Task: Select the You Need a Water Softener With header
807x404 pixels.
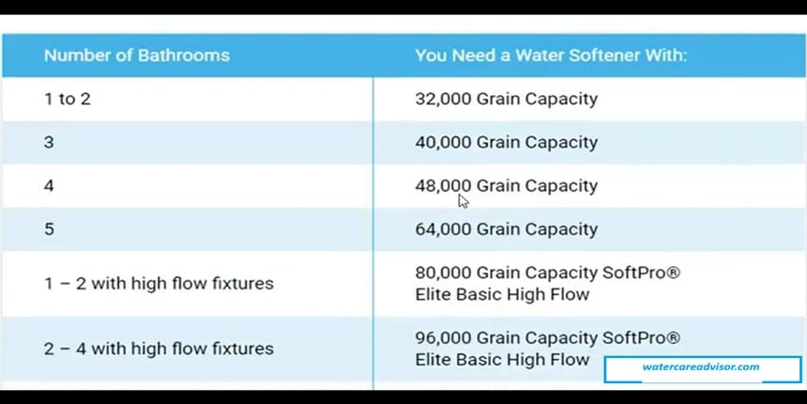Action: point(551,55)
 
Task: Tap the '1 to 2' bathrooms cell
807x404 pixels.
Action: point(68,99)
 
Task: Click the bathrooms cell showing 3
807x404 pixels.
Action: point(49,143)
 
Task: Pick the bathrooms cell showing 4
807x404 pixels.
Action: point(49,186)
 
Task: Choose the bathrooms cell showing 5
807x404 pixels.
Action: point(49,229)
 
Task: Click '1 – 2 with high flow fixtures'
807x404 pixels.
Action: point(159,283)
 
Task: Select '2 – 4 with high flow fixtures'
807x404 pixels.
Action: point(159,349)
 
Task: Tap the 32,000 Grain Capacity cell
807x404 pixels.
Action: point(506,99)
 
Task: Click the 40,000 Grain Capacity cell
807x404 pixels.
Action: point(506,143)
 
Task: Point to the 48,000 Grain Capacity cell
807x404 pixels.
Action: point(506,186)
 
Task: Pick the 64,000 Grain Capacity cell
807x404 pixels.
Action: point(506,229)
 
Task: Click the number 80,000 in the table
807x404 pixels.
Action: point(443,272)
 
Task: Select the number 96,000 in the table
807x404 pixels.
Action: point(443,337)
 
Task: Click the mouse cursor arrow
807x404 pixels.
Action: point(463,200)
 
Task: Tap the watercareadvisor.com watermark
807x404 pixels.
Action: point(701,367)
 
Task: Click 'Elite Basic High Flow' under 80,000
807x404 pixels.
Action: point(502,294)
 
